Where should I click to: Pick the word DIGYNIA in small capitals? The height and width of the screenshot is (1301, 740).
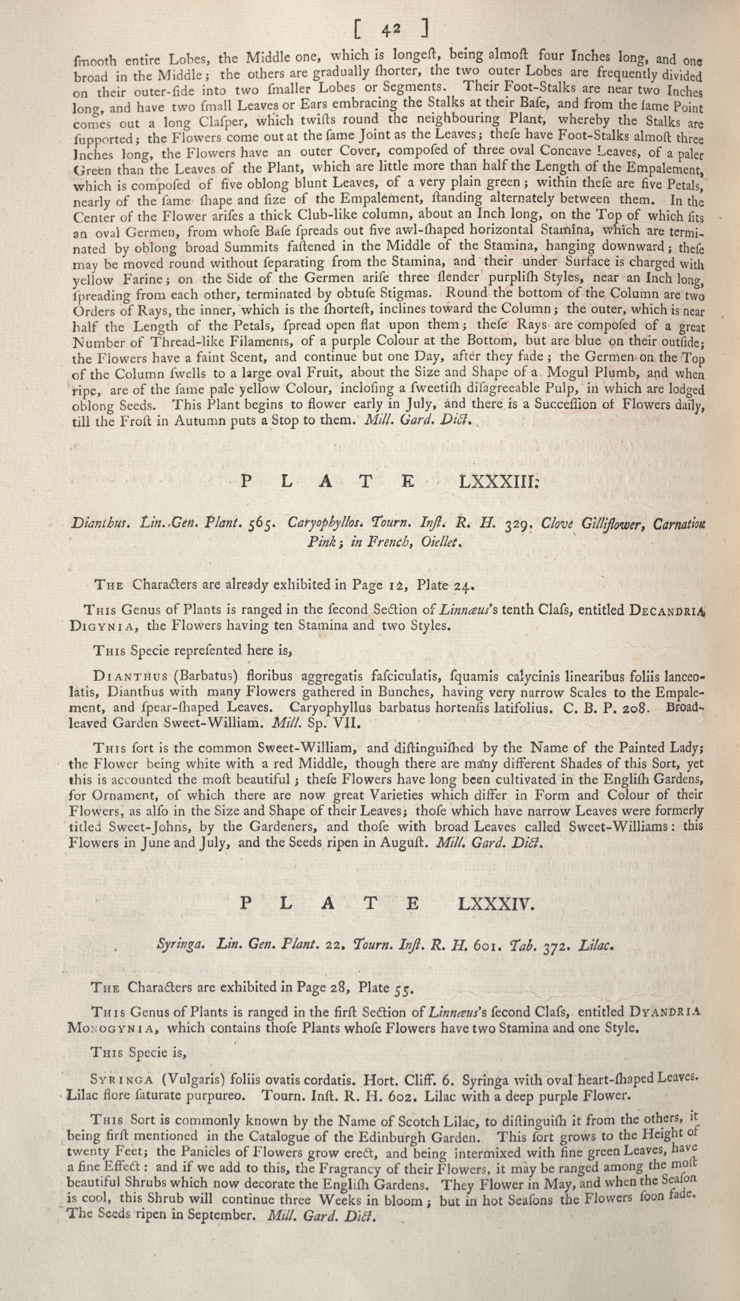104,626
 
